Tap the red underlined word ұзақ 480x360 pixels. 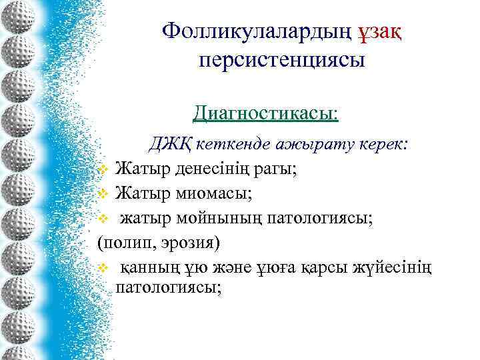click(388, 31)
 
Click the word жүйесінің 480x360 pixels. click(399, 267)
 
